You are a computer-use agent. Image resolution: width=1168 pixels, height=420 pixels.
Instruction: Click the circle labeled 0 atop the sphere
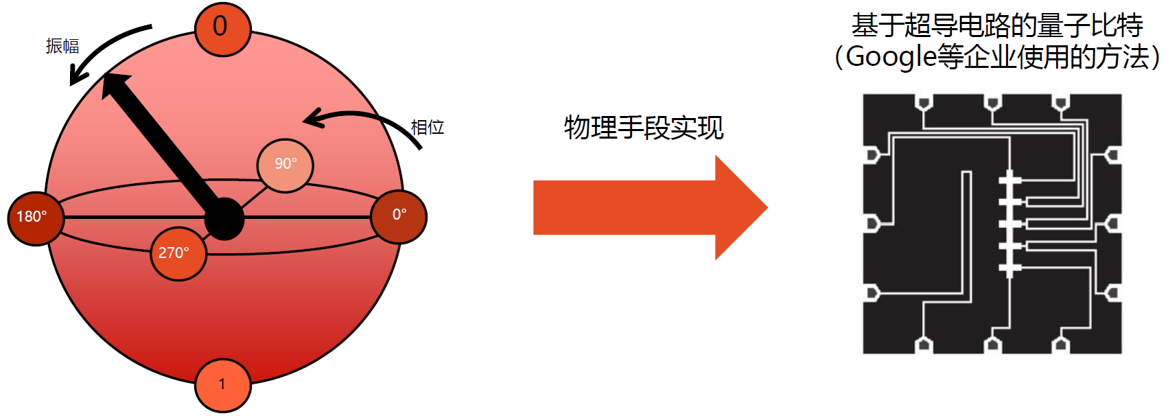(222, 29)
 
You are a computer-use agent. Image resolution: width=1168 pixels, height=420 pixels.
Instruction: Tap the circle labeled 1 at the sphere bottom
(222, 385)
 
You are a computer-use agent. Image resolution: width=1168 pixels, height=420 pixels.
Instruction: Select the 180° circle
(35, 217)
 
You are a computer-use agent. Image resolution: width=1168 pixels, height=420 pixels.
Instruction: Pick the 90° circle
(285, 165)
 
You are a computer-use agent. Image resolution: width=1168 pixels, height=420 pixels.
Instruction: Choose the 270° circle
(178, 253)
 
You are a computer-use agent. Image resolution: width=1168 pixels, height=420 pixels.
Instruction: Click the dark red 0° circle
(399, 215)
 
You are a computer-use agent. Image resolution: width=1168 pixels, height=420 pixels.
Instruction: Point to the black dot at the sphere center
(224, 219)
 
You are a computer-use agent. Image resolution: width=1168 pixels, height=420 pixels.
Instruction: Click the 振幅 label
(62, 46)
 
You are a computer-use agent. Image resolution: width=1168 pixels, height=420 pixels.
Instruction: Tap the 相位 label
(427, 127)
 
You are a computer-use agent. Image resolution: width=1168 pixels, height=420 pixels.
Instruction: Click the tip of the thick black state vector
(110, 80)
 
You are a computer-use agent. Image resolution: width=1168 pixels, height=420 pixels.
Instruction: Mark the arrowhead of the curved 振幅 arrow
(75, 81)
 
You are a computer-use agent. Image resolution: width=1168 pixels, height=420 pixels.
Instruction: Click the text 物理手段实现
(643, 128)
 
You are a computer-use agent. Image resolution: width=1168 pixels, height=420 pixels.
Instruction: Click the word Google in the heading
(891, 56)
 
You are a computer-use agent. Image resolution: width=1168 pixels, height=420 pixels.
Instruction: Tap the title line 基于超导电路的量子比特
(996, 26)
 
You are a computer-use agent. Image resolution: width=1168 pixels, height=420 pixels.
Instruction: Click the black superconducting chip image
(992, 224)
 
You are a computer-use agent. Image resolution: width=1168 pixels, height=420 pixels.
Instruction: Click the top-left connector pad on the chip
(924, 103)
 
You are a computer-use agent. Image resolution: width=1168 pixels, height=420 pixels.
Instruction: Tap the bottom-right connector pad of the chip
(1061, 344)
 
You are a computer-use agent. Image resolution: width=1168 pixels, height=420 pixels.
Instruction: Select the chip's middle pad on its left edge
(872, 224)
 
